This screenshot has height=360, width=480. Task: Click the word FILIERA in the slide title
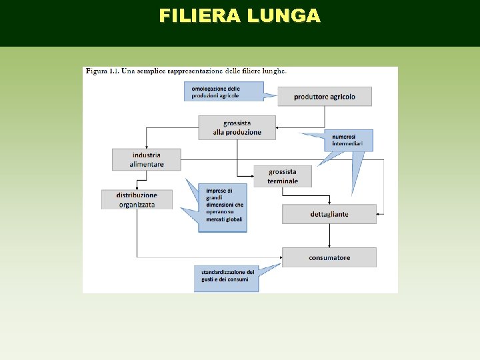point(199,16)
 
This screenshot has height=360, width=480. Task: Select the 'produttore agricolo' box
point(324,96)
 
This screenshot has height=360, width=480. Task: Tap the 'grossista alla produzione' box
point(237,127)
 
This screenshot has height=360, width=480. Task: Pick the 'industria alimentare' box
point(146,159)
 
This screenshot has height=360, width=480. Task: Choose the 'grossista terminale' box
point(283,176)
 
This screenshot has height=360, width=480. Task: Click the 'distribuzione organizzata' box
point(137,199)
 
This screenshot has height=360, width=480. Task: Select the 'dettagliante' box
point(329,214)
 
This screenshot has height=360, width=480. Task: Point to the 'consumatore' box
point(329,257)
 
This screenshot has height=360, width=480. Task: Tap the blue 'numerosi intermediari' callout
point(348,139)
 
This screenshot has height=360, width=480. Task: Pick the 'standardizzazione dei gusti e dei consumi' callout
point(227,275)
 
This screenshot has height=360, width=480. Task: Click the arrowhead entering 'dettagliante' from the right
point(380,213)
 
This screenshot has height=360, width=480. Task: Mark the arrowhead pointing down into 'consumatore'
point(329,245)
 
